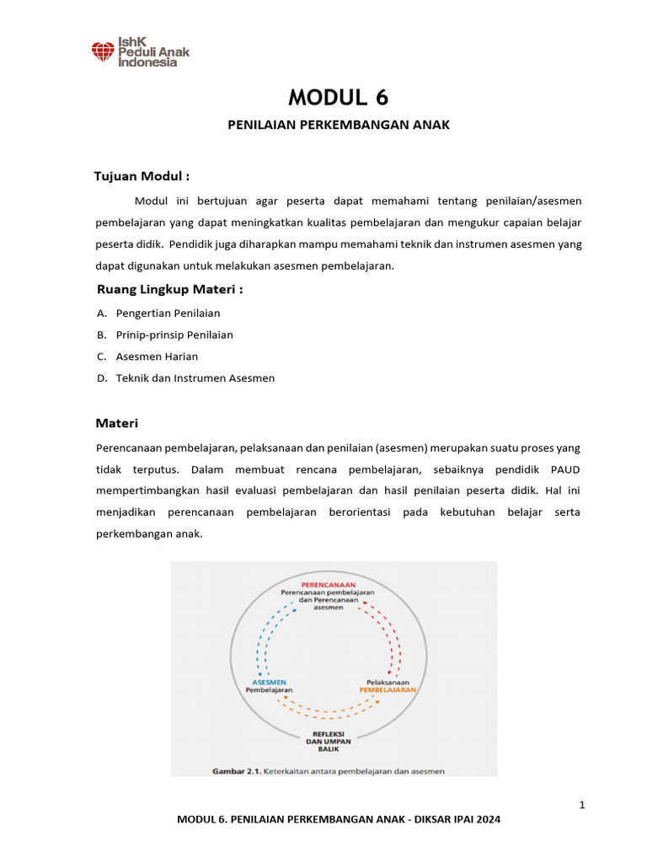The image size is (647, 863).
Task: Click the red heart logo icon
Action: [103, 52]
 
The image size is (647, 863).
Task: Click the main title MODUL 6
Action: [339, 98]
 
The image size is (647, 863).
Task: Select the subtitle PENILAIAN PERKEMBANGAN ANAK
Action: [340, 125]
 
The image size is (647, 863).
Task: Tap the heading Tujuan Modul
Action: [141, 176]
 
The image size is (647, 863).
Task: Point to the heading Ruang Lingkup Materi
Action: [170, 290]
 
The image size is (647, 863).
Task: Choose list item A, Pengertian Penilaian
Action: [168, 313]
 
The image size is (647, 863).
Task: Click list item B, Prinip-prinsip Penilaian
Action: [174, 335]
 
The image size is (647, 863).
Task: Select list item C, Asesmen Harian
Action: [157, 356]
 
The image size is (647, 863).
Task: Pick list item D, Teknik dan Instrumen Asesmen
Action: [195, 378]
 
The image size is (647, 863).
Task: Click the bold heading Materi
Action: [117, 423]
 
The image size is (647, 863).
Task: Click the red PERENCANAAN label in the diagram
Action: [328, 584]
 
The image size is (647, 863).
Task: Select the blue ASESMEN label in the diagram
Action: [269, 681]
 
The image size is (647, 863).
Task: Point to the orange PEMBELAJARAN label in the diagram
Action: [388, 689]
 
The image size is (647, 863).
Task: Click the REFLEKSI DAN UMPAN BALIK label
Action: [329, 741]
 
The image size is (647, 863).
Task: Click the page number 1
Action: [581, 806]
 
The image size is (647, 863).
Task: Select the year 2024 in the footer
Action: [486, 819]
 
